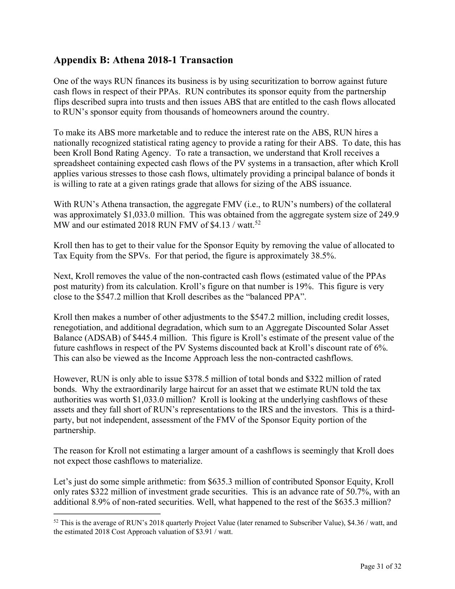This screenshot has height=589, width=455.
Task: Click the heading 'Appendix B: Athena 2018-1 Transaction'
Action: pos(143,60)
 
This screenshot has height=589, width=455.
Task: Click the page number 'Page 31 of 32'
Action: pos(381,566)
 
